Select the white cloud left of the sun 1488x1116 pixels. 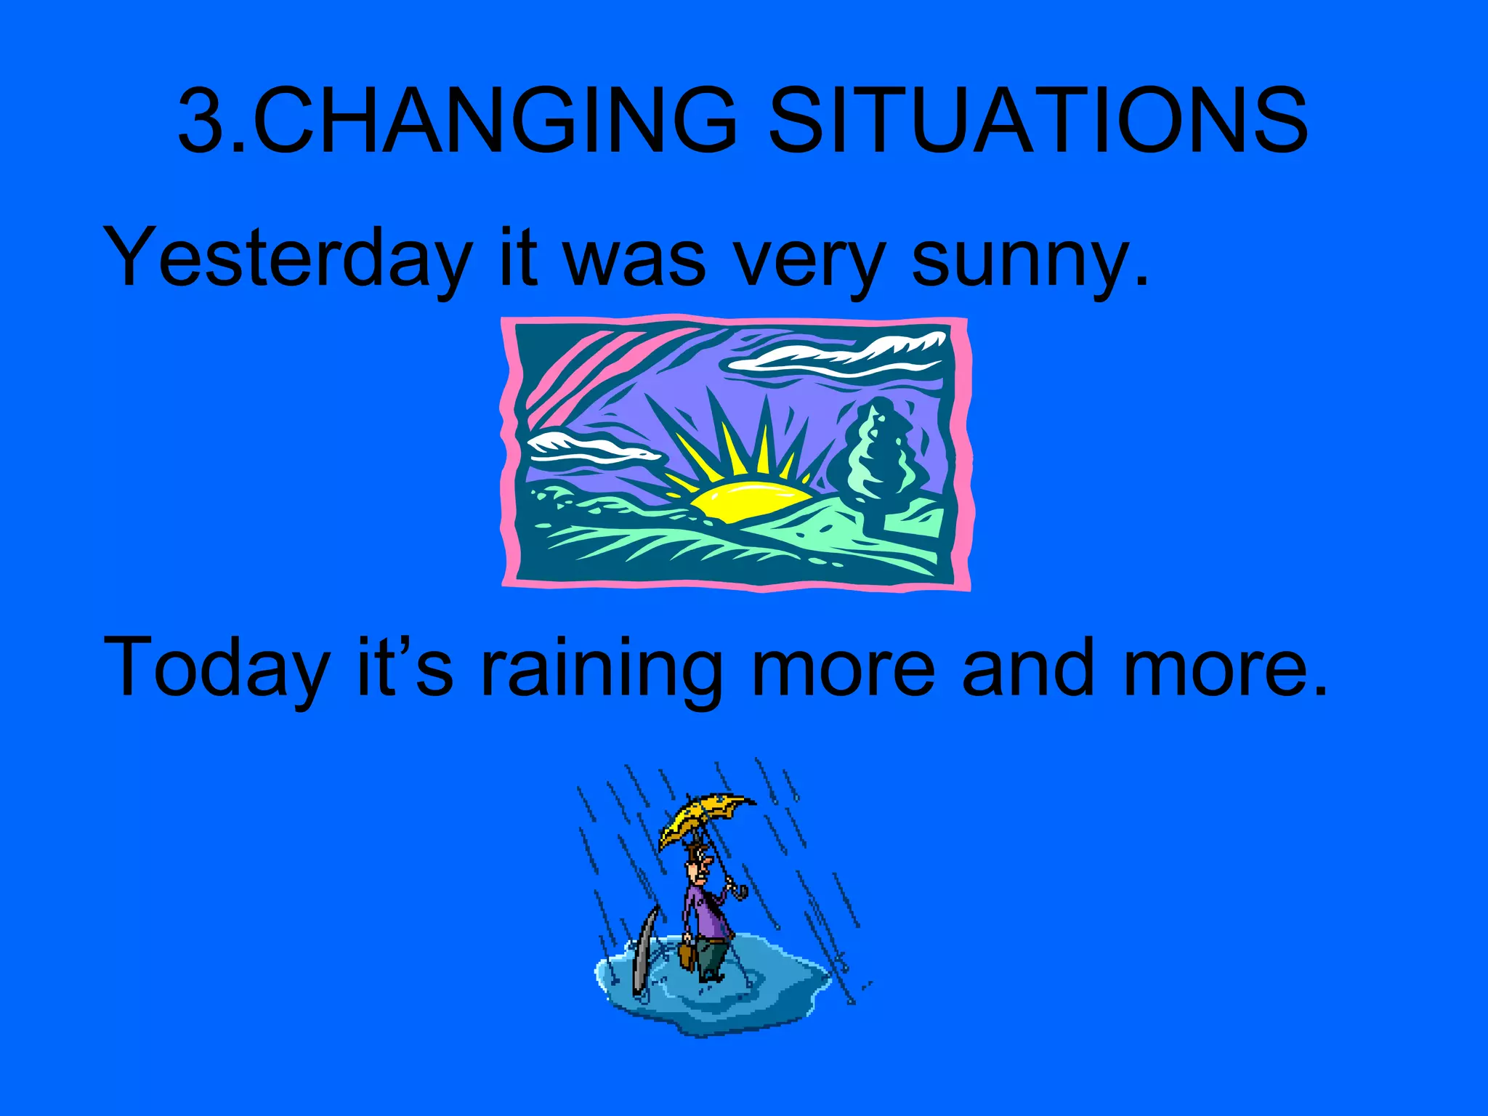tap(589, 446)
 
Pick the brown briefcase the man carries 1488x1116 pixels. tap(687, 955)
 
